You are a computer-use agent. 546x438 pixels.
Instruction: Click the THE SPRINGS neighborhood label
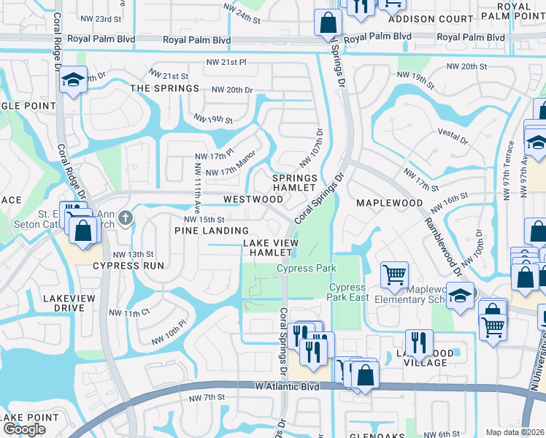164,88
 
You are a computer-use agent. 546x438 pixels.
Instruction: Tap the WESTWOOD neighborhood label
253,199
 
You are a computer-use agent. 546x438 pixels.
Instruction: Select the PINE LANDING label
207,231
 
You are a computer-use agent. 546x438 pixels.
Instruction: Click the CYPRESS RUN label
128,266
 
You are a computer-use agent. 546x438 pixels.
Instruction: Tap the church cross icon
125,217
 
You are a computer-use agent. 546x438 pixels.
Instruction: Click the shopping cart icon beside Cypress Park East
394,275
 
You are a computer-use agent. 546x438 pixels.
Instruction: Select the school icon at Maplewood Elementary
460,296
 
